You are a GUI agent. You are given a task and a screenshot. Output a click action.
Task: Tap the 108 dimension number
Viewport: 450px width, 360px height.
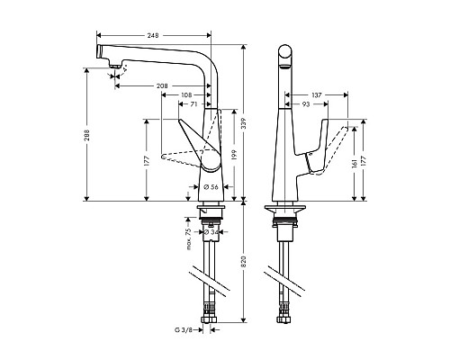click(x=185, y=94)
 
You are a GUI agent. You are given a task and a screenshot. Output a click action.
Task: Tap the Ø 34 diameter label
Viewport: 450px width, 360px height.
click(x=212, y=233)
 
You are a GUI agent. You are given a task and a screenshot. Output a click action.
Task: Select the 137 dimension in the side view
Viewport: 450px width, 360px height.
click(x=316, y=94)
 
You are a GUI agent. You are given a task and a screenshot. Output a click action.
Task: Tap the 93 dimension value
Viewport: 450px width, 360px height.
click(x=306, y=104)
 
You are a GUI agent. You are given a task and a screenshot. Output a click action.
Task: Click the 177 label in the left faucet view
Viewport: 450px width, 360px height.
click(x=145, y=162)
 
